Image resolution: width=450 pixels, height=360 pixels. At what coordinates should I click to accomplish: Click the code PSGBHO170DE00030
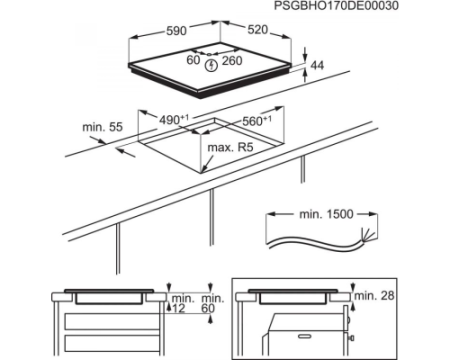[336, 6]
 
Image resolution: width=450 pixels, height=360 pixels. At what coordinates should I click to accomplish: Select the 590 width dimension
[176, 31]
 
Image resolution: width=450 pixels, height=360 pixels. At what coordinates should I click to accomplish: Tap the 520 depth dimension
[258, 30]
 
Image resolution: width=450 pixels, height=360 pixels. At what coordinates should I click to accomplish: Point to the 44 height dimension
[317, 65]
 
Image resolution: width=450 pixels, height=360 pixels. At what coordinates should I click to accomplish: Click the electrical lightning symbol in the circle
[211, 65]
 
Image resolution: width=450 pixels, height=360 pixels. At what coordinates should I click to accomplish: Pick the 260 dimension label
[232, 61]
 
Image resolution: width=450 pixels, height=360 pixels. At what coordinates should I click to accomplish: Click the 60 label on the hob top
[193, 60]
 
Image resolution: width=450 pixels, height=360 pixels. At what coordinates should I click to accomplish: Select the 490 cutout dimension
[174, 120]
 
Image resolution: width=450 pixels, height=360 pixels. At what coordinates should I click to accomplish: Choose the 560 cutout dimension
[257, 121]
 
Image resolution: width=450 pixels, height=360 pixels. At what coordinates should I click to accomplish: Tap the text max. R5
[230, 147]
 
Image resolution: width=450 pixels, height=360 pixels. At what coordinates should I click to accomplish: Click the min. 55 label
[103, 127]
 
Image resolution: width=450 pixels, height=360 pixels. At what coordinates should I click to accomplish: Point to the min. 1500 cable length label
[326, 214]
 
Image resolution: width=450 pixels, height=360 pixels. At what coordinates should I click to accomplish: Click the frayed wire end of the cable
[366, 233]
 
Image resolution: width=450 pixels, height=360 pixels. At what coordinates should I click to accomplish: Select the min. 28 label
[375, 295]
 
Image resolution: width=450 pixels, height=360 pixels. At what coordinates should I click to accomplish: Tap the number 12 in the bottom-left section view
[178, 309]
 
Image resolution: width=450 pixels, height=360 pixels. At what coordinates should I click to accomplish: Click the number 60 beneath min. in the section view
[208, 309]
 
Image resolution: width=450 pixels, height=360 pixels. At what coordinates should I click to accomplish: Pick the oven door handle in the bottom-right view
[306, 337]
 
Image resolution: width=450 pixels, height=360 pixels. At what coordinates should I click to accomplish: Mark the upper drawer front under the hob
[112, 321]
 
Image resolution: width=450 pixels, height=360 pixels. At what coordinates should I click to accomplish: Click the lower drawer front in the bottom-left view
[112, 345]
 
